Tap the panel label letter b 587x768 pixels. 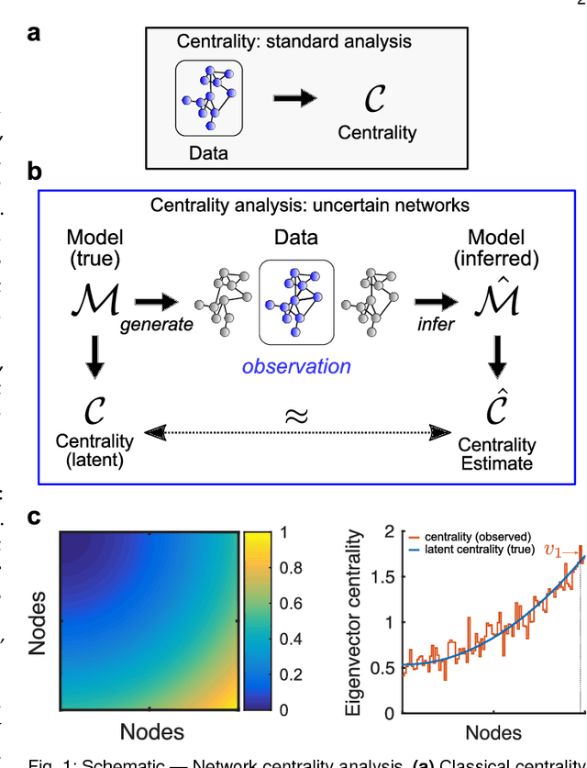point(35,172)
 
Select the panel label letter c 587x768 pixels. point(34,516)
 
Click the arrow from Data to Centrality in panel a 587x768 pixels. point(298,98)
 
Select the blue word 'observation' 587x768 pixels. point(296,367)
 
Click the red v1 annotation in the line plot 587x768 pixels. point(556,551)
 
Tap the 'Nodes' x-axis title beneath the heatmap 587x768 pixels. point(153,732)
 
